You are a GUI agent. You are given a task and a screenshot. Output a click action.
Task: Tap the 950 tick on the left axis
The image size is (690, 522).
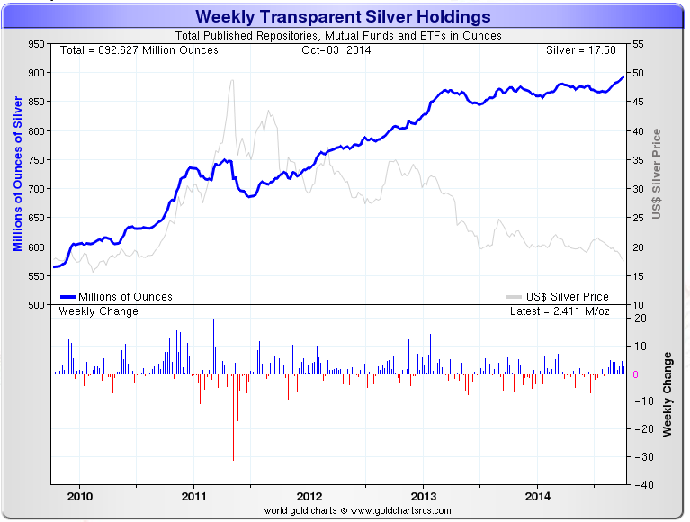tap(35, 44)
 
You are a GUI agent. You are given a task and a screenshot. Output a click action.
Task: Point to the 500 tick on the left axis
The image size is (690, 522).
tap(35, 305)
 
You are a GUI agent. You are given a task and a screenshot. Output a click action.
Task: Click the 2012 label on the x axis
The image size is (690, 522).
tap(309, 496)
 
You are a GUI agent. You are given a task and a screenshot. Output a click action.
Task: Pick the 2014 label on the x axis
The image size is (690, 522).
tap(539, 496)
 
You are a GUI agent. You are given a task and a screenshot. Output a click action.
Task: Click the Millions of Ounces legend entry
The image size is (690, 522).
tap(116, 296)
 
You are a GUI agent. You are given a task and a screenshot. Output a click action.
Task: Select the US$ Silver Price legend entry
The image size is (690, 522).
tap(558, 296)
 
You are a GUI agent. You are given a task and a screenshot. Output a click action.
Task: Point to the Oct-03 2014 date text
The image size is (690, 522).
tap(336, 49)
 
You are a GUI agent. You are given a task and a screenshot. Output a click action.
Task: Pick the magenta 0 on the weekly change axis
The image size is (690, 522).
tap(636, 374)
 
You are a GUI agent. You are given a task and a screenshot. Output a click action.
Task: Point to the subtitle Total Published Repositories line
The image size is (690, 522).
tap(344, 36)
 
